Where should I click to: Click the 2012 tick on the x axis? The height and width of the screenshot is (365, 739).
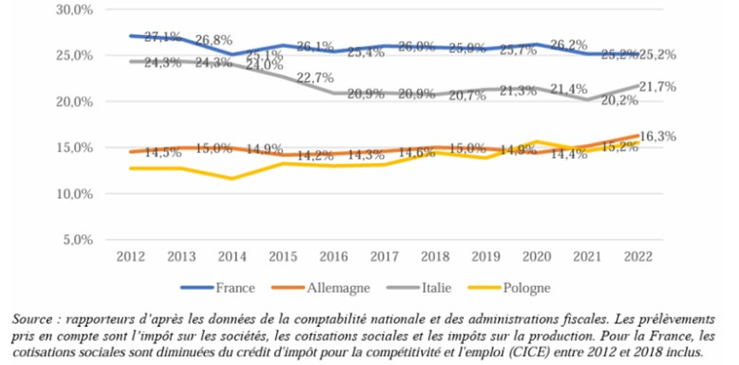tap(130, 257)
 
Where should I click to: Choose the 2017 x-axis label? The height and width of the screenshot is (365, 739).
tap(384, 257)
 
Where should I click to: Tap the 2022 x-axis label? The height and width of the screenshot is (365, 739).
tap(638, 257)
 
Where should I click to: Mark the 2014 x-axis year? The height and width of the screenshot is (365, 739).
tap(232, 257)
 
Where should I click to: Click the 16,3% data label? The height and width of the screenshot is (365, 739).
tap(657, 136)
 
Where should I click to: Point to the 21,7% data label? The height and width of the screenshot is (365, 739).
tap(657, 87)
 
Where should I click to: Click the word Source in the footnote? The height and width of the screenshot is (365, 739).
tap(29, 320)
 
